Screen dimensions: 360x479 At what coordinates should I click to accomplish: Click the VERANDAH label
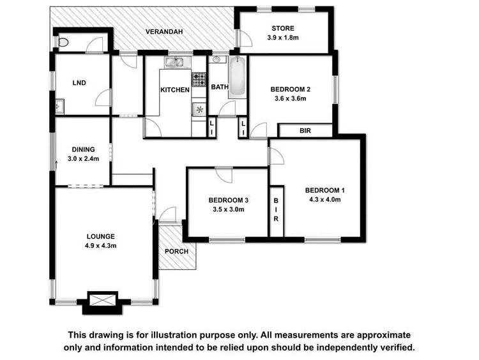tap(164, 31)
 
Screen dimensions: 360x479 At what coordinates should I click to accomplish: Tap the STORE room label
tap(283, 28)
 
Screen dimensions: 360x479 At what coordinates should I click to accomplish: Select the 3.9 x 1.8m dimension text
tap(283, 38)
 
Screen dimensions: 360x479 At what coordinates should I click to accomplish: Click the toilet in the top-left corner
tap(62, 42)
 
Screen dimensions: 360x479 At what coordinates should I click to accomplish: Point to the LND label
tap(79, 82)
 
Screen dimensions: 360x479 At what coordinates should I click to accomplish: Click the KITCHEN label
tap(174, 90)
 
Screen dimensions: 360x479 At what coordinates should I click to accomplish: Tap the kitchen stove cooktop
tap(199, 80)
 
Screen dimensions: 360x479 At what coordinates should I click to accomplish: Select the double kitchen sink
tap(174, 62)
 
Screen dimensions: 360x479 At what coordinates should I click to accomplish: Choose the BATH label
tap(220, 87)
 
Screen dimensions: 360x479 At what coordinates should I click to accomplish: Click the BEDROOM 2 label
tap(290, 89)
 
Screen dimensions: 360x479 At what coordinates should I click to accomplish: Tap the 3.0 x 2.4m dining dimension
tap(85, 159)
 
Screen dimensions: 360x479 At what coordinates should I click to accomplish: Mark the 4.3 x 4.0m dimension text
tap(324, 199)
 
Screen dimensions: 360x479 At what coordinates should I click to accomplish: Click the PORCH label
tap(176, 251)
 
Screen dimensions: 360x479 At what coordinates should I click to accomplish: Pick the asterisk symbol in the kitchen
tap(200, 109)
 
